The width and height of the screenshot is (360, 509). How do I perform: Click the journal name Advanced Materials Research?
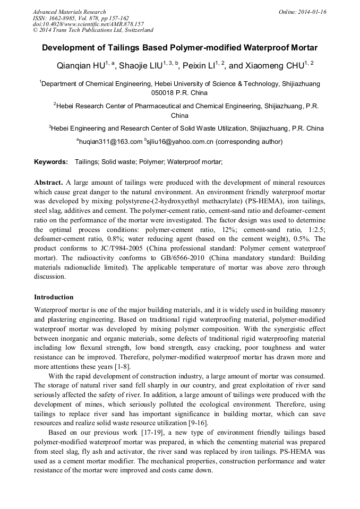click(x=69, y=12)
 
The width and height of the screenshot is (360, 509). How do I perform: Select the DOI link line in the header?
click(x=88, y=24)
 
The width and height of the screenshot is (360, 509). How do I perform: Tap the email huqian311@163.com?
click(x=111, y=142)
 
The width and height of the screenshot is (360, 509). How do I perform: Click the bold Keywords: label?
click(x=51, y=161)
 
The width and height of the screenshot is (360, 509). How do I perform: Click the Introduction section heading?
click(x=54, y=297)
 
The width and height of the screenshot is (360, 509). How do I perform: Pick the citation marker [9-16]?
click(x=195, y=422)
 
